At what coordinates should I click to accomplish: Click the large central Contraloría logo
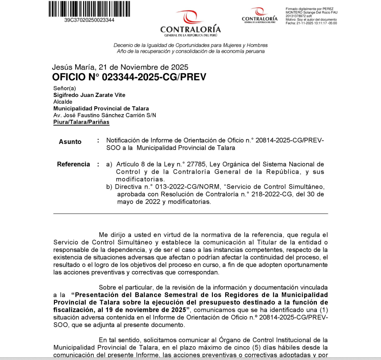coord(190,23)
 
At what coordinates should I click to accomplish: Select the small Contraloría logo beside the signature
coord(259,16)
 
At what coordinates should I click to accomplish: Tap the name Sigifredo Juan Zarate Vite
coord(89,95)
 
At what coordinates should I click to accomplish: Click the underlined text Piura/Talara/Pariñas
coord(81,122)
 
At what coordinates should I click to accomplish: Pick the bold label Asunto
coord(70,142)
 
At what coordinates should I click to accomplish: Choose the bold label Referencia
coord(73,164)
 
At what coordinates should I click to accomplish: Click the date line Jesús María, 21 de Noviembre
coord(120,67)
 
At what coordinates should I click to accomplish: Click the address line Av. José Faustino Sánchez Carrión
coord(104,115)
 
